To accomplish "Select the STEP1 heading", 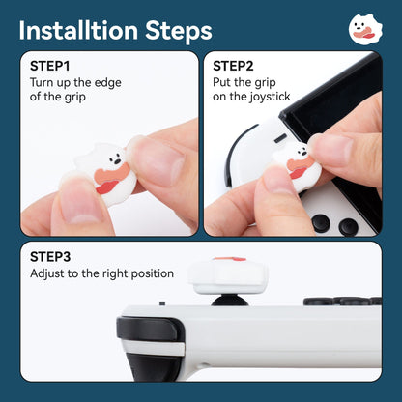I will tap(49, 67).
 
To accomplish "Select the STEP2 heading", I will tap(233, 67).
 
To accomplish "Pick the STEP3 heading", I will tap(49, 257).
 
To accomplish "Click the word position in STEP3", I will tap(153, 273).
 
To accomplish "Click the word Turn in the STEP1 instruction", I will tap(43, 82).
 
